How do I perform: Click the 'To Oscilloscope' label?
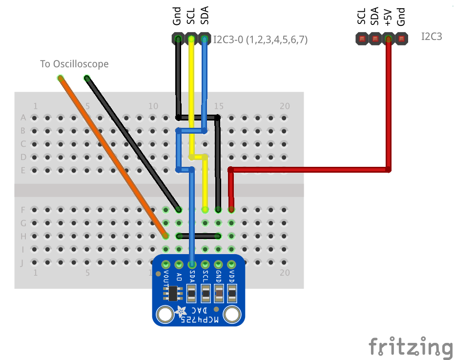coord(74,64)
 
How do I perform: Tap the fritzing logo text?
coord(411,346)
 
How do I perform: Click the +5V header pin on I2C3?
coord(388,39)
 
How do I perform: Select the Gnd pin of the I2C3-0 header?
coord(178,39)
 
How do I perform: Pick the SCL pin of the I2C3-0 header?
coord(191,39)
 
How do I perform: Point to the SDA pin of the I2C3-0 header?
coord(205,39)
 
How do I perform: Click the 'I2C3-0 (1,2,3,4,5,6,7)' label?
coord(260,40)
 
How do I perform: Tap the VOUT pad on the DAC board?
coord(165,264)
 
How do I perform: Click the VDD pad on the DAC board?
coord(231,264)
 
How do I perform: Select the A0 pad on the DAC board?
coord(179,264)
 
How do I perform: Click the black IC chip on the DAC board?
coord(173,294)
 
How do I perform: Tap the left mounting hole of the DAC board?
coord(165,315)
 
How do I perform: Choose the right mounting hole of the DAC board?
coord(232,315)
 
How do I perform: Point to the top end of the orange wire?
coord(60,78)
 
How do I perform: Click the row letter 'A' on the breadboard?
coord(23,118)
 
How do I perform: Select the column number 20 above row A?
coord(285,106)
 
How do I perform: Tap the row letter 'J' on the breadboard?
coord(22,263)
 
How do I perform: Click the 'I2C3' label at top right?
coord(432,37)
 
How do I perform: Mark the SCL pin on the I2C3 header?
coord(362,39)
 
